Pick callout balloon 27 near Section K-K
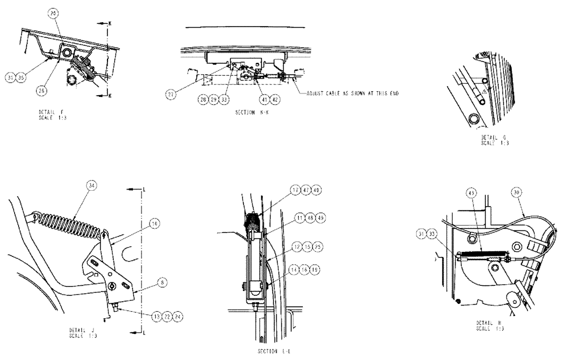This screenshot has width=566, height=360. tap(170, 95)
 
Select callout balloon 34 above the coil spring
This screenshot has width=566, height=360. tap(91, 185)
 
